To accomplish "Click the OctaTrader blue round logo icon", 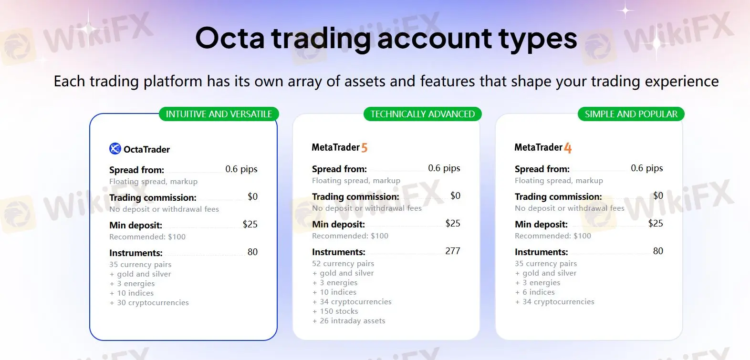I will (x=115, y=149).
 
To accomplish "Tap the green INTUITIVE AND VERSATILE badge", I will (x=219, y=114).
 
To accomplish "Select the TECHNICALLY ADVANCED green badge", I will (x=422, y=114).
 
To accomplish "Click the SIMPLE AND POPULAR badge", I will (x=631, y=114).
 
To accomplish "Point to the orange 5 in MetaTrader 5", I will (x=365, y=148).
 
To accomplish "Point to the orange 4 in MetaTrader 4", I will (x=568, y=148).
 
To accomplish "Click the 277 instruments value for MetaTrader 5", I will (x=452, y=251).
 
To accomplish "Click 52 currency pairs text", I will (x=343, y=264).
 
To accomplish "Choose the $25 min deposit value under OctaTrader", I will (x=250, y=224).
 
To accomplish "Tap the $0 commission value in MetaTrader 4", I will (x=658, y=195).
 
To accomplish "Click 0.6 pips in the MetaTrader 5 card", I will (x=444, y=168).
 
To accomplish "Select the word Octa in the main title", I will (x=229, y=38).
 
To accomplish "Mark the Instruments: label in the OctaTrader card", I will (x=135, y=253).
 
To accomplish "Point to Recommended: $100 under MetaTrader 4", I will (x=552, y=236).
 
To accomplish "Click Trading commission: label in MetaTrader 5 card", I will (x=355, y=196).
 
